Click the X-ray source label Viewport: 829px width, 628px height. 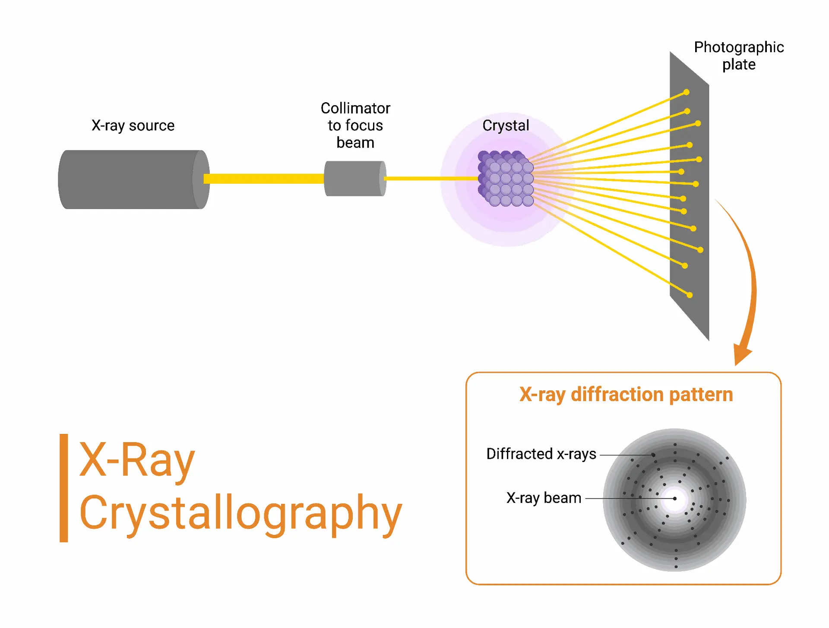coord(133,126)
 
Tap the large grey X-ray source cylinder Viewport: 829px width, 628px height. coord(134,179)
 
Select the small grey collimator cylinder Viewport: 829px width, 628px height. coord(355,179)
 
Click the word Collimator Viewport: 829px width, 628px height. coord(355,108)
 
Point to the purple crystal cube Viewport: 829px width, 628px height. coord(506,179)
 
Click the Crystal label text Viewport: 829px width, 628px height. coord(506,126)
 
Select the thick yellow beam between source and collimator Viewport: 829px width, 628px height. coord(264,179)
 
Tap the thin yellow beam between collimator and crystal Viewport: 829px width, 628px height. coord(431,179)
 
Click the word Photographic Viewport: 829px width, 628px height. coord(739,47)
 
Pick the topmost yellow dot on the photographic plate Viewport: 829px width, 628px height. coord(687,92)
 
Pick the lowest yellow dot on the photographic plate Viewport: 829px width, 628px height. coord(690,295)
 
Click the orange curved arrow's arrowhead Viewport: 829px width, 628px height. coord(742,355)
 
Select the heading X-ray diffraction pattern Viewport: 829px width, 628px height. coord(626,395)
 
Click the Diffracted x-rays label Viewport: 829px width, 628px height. coord(541,454)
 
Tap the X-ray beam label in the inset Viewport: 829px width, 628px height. coord(544,498)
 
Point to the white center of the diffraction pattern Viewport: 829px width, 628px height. coord(675,499)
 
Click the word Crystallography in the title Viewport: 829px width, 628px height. coord(240,513)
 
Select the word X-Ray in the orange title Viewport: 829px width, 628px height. coord(137,461)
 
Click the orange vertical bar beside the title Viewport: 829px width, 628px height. coord(64,488)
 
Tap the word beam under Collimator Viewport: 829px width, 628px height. coord(355,142)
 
